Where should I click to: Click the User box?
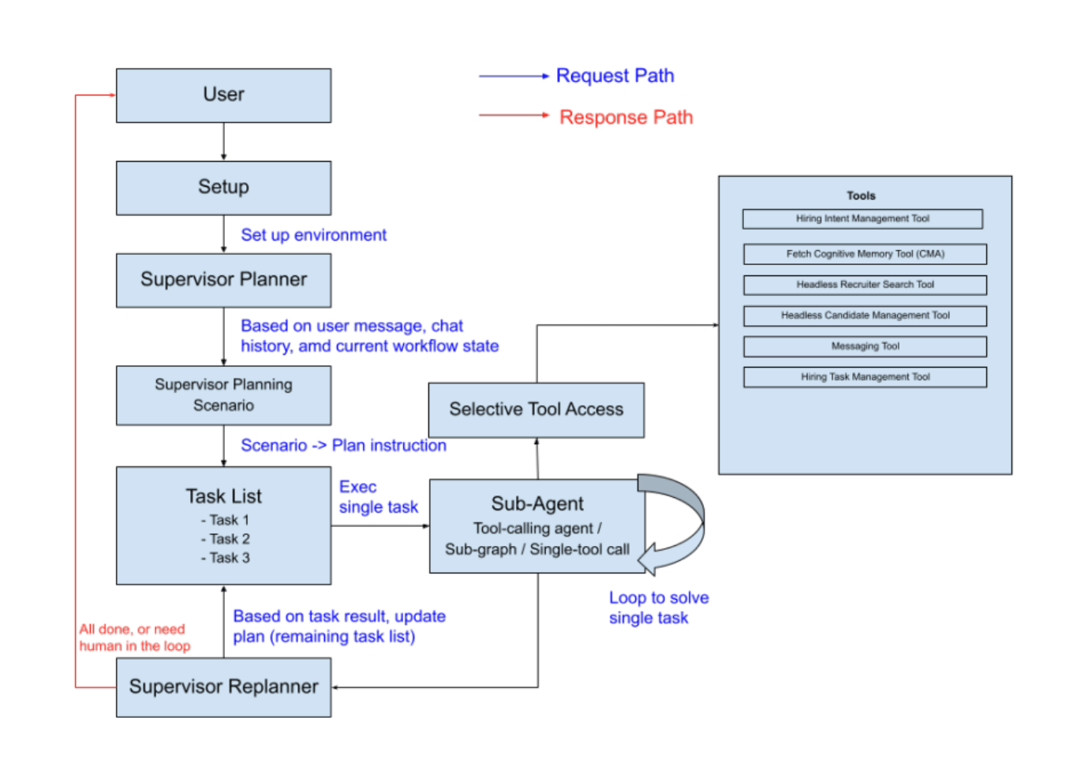(223, 95)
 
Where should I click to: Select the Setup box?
(223, 188)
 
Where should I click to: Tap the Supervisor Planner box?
(223, 280)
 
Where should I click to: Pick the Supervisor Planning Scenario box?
(223, 394)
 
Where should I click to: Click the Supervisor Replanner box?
(223, 687)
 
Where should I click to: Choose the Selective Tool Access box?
(536, 409)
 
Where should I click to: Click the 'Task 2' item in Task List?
(226, 539)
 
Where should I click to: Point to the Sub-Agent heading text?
(537, 504)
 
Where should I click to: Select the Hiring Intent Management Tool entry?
(862, 219)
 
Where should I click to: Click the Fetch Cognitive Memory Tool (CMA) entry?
(865, 254)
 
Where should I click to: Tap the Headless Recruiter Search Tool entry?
(865, 285)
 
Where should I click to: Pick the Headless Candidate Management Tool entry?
(865, 316)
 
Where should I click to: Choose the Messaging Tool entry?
(865, 346)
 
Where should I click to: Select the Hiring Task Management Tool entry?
(865, 377)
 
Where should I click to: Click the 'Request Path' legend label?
(615, 76)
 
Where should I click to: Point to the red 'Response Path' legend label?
(626, 118)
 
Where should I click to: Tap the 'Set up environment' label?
(313, 235)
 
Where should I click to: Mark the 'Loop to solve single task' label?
(658, 608)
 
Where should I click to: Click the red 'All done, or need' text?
(132, 630)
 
